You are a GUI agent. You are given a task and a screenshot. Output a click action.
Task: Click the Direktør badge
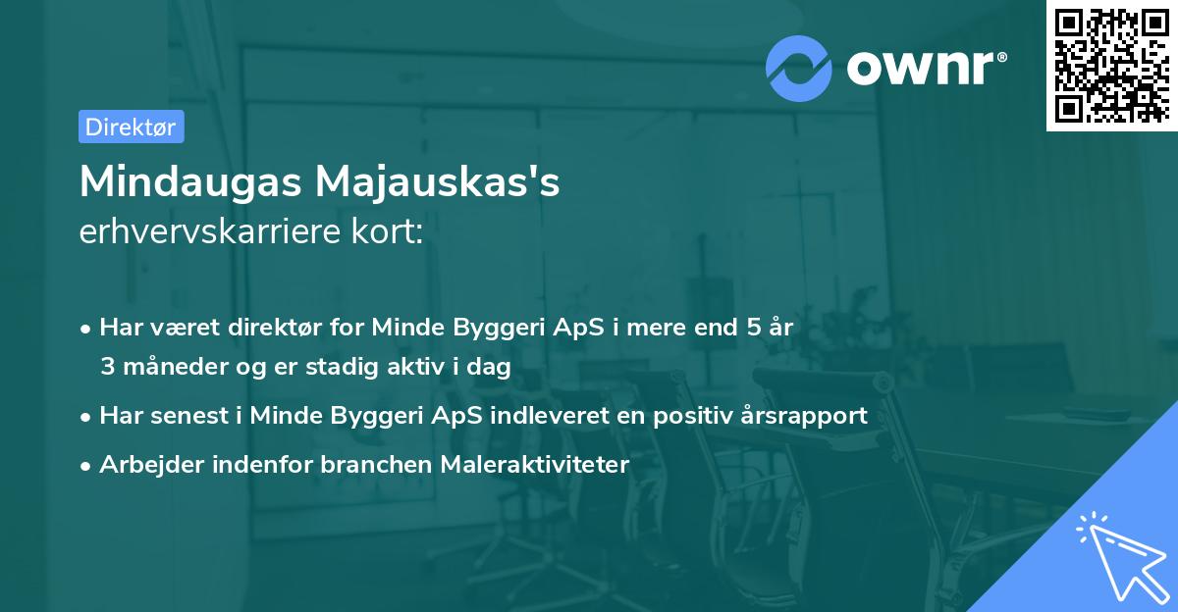131,127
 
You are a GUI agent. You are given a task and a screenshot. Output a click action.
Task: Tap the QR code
1112,66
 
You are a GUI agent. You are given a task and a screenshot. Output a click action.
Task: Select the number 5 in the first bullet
753,328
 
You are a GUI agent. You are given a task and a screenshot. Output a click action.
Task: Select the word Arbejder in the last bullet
144,464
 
